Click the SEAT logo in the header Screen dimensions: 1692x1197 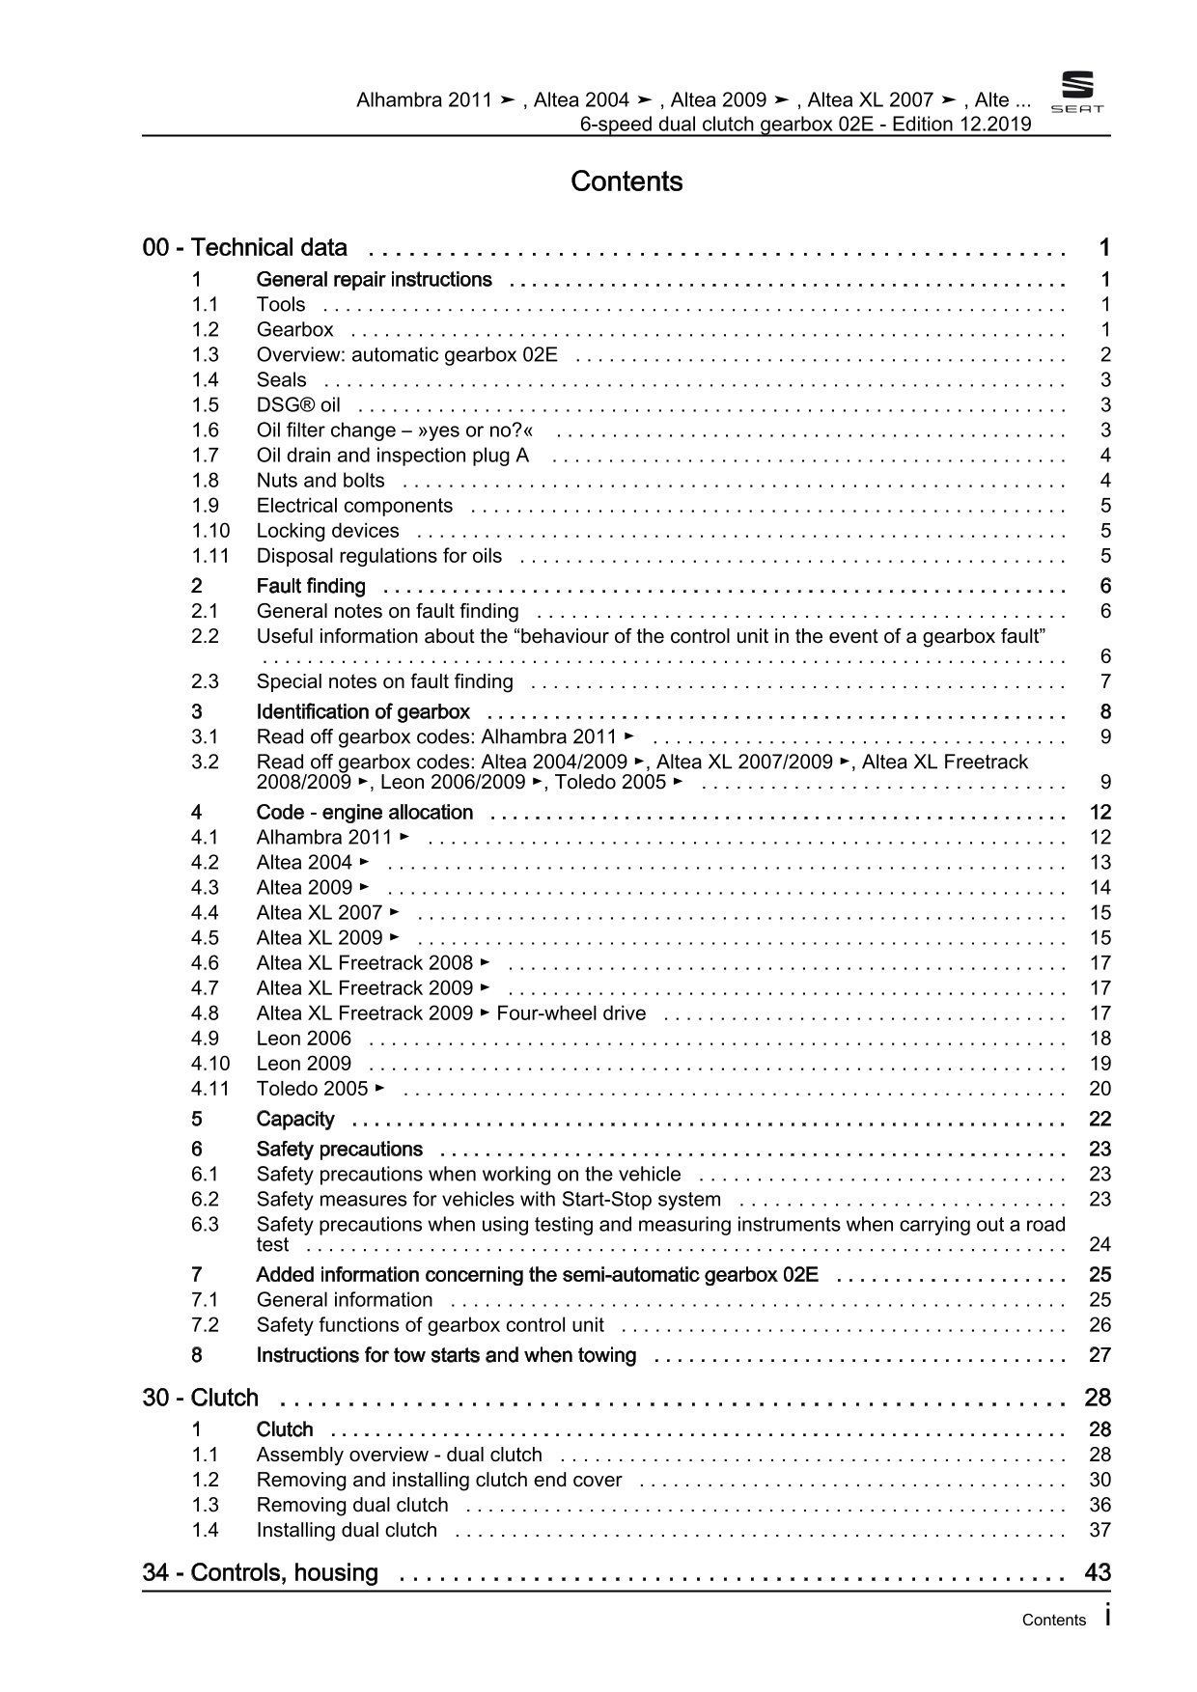click(x=1076, y=94)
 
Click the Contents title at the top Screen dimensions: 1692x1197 click(x=626, y=181)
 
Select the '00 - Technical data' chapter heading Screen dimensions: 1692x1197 click(x=244, y=248)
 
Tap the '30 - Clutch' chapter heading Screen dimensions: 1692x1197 click(x=201, y=1398)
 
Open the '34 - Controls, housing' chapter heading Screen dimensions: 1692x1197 click(x=261, y=1572)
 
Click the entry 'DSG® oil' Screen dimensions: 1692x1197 click(x=298, y=405)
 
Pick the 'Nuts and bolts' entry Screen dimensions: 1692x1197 click(x=320, y=481)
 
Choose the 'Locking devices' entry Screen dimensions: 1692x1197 click(x=327, y=531)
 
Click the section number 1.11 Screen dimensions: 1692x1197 click(x=209, y=556)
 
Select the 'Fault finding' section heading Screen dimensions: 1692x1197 click(x=311, y=586)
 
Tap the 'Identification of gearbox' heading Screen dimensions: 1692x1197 click(x=363, y=712)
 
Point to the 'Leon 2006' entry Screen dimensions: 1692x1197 click(x=304, y=1039)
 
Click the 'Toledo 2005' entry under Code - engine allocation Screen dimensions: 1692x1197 click(x=313, y=1089)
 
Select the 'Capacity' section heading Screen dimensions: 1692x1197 click(x=295, y=1119)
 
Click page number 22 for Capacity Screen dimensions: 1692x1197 click(x=1100, y=1119)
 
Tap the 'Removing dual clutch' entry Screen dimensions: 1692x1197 click(x=352, y=1505)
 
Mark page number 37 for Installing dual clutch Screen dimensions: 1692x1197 click(x=1100, y=1530)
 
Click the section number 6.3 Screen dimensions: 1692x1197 click(x=205, y=1224)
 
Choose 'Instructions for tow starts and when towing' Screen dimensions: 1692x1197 click(x=446, y=1355)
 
